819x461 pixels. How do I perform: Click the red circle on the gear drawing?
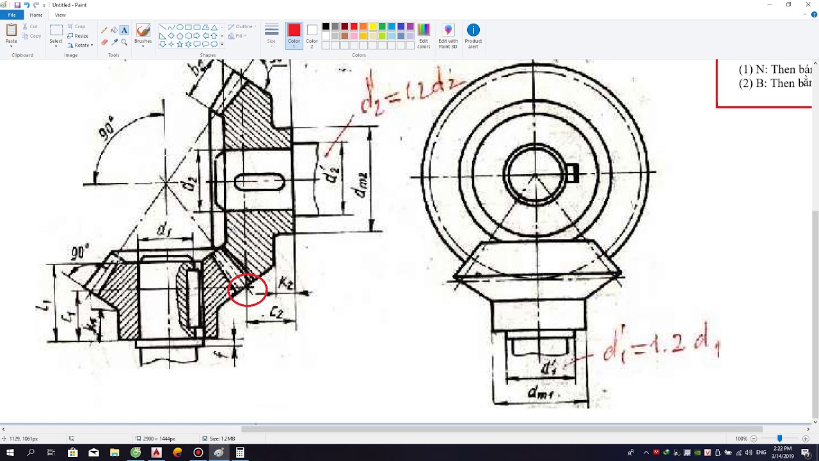pyautogui.click(x=247, y=289)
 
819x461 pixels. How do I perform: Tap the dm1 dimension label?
pyautogui.click(x=541, y=393)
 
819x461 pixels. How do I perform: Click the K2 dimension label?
pyautogui.click(x=286, y=282)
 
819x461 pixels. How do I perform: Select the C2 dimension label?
pyautogui.click(x=276, y=312)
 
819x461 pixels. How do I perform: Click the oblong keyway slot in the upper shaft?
pyautogui.click(x=259, y=182)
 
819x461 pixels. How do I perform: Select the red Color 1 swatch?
pyautogui.click(x=294, y=35)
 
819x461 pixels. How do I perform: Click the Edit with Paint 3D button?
pyautogui.click(x=448, y=35)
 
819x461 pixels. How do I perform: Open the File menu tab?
pyautogui.click(x=12, y=15)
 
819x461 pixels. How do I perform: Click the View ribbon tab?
pyautogui.click(x=60, y=15)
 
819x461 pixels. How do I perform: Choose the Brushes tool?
pyautogui.click(x=143, y=35)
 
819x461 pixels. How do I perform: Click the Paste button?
pyautogui.click(x=12, y=35)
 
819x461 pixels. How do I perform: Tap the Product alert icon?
pyautogui.click(x=473, y=35)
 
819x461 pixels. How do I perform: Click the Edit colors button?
pyautogui.click(x=424, y=35)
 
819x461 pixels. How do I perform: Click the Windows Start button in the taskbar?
pyautogui.click(x=10, y=453)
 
